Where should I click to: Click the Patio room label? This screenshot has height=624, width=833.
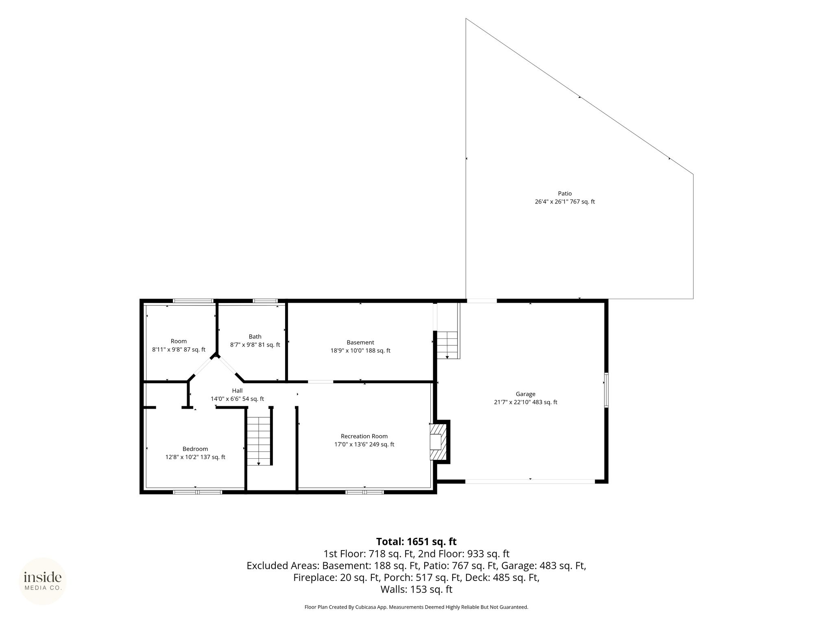pyautogui.click(x=565, y=194)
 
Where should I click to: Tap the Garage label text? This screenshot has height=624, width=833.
pyautogui.click(x=526, y=394)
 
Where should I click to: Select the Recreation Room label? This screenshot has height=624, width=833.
pyautogui.click(x=364, y=436)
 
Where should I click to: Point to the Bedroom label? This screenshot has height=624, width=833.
pyautogui.click(x=195, y=449)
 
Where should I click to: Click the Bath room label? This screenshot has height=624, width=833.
pyautogui.click(x=255, y=336)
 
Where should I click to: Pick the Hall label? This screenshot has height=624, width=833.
pyautogui.click(x=237, y=391)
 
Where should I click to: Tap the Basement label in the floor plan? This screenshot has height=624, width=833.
pyautogui.click(x=360, y=342)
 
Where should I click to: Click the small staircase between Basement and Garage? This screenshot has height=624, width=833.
pyautogui.click(x=447, y=345)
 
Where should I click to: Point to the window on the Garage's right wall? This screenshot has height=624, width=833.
pyautogui.click(x=606, y=390)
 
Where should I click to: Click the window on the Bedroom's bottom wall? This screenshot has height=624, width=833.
pyautogui.click(x=198, y=492)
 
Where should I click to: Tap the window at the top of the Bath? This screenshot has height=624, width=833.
pyautogui.click(x=265, y=301)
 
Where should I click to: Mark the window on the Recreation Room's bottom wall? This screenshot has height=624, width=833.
pyautogui.click(x=364, y=492)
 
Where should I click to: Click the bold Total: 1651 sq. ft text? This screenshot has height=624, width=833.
pyautogui.click(x=416, y=542)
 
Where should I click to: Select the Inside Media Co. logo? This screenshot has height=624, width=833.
pyautogui.click(x=43, y=581)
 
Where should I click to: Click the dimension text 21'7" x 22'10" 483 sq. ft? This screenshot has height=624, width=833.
pyautogui.click(x=526, y=402)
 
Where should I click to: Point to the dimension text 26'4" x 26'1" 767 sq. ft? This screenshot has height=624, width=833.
pyautogui.click(x=565, y=201)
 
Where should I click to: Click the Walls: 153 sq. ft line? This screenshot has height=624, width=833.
pyautogui.click(x=416, y=589)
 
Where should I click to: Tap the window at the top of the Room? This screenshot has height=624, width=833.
pyautogui.click(x=193, y=301)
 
